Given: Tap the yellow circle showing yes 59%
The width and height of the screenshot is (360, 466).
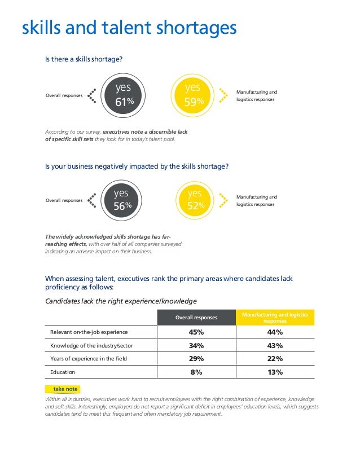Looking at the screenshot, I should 194,95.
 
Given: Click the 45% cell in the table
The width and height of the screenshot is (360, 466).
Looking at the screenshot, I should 196,332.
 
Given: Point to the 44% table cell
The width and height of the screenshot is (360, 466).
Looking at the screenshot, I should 275,332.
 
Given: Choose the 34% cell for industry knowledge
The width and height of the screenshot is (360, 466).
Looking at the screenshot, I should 196,345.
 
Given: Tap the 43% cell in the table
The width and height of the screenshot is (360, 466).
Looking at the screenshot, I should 275,345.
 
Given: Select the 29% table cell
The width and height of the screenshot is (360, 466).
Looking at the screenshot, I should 196,359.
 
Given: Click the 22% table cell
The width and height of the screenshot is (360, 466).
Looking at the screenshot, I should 275,359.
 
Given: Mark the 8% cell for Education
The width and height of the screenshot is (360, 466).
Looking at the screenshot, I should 196,372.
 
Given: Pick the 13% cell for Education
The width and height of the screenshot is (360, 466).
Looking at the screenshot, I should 275,372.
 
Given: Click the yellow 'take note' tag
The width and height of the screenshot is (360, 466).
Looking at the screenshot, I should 62,389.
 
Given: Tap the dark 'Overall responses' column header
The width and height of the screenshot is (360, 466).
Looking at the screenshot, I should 196,318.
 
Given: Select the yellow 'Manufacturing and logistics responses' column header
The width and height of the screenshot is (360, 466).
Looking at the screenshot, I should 275,318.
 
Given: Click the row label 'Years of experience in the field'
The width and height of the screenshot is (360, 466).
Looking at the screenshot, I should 89,359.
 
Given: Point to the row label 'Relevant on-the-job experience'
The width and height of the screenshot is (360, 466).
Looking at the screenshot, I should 89,332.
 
